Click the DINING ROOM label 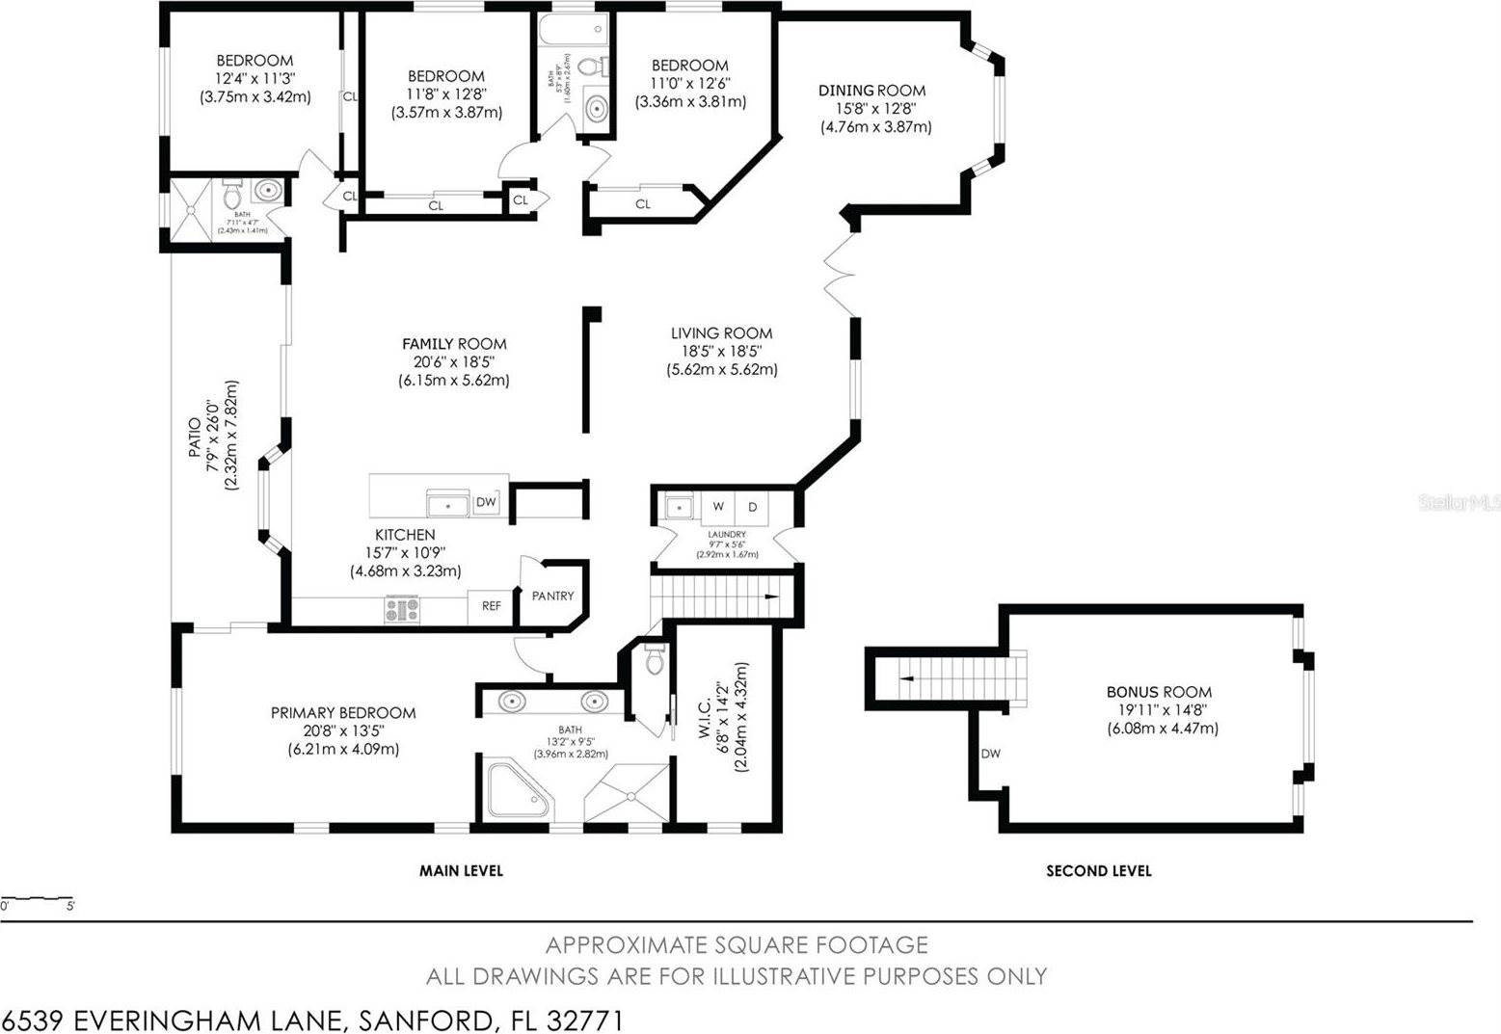[871, 91]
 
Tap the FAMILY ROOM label [454, 344]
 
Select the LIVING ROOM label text [721, 333]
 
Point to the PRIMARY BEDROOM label [342, 713]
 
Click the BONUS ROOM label [1159, 692]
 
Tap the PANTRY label [552, 597]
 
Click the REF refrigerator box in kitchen [491, 606]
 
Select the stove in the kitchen [402, 609]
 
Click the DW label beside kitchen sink [486, 502]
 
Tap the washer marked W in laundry [718, 507]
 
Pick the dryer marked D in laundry [753, 507]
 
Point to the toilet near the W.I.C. [655, 661]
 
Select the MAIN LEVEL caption [461, 871]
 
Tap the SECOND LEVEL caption [1098, 871]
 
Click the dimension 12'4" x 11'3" [255, 78]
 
